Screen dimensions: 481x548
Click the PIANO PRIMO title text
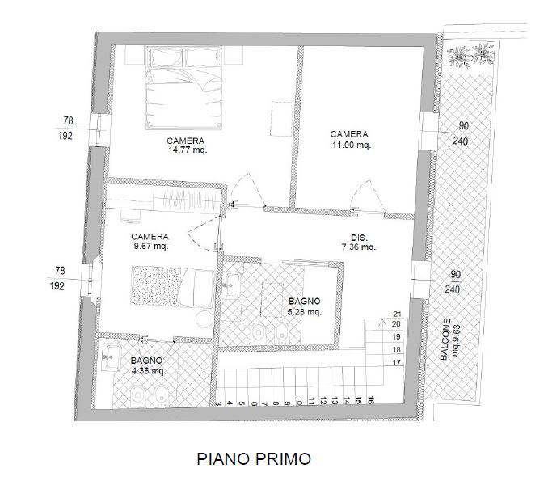point(254,459)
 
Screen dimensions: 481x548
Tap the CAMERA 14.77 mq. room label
point(186,145)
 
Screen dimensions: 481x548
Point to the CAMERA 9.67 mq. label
point(150,242)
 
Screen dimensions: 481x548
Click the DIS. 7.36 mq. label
point(358,243)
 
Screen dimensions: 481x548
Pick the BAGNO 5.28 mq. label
point(305,306)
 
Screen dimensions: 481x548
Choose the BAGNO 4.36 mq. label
point(148,365)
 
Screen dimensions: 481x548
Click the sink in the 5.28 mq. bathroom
point(233,283)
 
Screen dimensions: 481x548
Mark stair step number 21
point(397,314)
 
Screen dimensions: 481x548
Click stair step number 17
point(397,362)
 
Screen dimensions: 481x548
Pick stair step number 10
point(300,399)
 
